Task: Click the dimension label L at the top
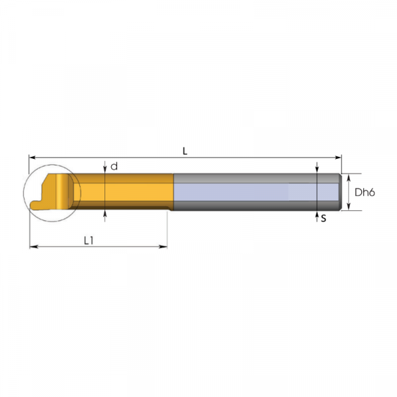click(185, 151)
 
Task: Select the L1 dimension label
click(89, 241)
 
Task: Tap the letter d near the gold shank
click(114, 166)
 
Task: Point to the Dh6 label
click(365, 193)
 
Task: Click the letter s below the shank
click(324, 218)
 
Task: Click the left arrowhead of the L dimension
click(32, 157)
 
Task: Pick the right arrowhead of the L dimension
click(338, 157)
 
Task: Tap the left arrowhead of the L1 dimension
click(34, 246)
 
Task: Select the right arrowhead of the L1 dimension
click(163, 246)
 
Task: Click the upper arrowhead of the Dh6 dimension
click(349, 177)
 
